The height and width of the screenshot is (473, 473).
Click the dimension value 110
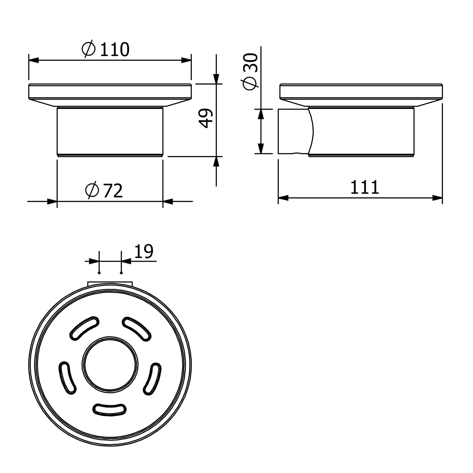(114, 49)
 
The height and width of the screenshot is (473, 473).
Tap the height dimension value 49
(207, 118)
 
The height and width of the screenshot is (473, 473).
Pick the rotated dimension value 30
(251, 63)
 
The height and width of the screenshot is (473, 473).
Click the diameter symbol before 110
(88, 49)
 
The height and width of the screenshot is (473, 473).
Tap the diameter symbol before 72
(92, 190)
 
